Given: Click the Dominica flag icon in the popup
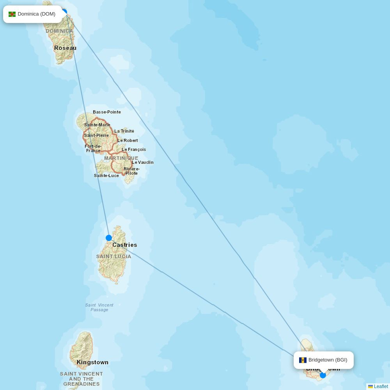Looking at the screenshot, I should click(12, 14).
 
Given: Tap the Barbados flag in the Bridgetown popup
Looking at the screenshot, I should click(303, 360).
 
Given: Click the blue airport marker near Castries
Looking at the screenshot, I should click(109, 238).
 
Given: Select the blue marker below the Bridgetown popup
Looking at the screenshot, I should click(323, 375).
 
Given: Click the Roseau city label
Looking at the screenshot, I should click(65, 48).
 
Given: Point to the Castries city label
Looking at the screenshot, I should click(125, 245).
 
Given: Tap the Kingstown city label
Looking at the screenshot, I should click(92, 362).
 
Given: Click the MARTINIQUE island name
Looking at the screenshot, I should click(121, 158).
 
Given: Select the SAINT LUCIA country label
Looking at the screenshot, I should click(114, 257).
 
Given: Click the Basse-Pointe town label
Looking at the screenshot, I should click(107, 112).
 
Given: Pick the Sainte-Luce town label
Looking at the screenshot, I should click(106, 175).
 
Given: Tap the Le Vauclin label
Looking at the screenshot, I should click(143, 162).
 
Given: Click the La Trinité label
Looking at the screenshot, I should click(124, 131).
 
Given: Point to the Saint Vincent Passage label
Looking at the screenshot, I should click(99, 307).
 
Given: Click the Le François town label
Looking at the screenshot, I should click(134, 149).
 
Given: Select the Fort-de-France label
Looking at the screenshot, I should click(93, 148).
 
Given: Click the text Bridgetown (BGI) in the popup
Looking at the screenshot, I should click(328, 360).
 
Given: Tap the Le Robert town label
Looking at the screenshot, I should click(128, 140).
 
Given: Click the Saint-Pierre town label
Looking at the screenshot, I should click(96, 135).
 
